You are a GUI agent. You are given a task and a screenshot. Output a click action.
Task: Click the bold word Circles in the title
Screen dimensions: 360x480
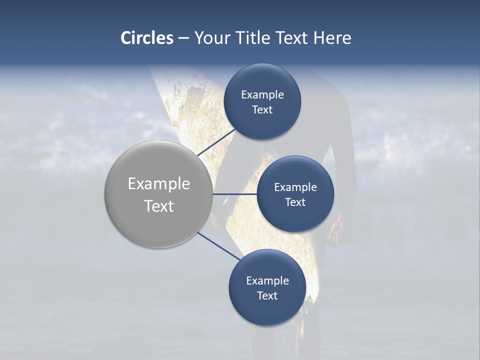(x=147, y=38)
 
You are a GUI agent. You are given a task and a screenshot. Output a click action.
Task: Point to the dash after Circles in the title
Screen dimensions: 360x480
(x=183, y=38)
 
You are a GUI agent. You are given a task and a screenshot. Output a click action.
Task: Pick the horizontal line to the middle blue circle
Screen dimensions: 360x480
(x=234, y=194)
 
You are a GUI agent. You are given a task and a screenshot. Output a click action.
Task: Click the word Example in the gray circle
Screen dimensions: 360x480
(x=159, y=184)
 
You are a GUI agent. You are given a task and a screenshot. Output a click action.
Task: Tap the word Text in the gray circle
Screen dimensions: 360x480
(x=159, y=206)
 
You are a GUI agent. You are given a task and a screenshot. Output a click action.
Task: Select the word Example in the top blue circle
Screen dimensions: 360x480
(x=262, y=95)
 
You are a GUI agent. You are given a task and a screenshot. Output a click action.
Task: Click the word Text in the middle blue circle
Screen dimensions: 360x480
(x=295, y=202)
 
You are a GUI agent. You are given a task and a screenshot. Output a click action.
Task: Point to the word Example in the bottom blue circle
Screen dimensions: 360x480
(x=267, y=281)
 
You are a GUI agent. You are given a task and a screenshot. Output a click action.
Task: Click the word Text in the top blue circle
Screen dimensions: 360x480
(x=262, y=110)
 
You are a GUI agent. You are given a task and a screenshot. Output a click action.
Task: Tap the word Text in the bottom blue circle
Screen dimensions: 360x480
(x=267, y=295)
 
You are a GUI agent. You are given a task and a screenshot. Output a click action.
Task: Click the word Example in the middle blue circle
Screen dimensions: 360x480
(x=295, y=187)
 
